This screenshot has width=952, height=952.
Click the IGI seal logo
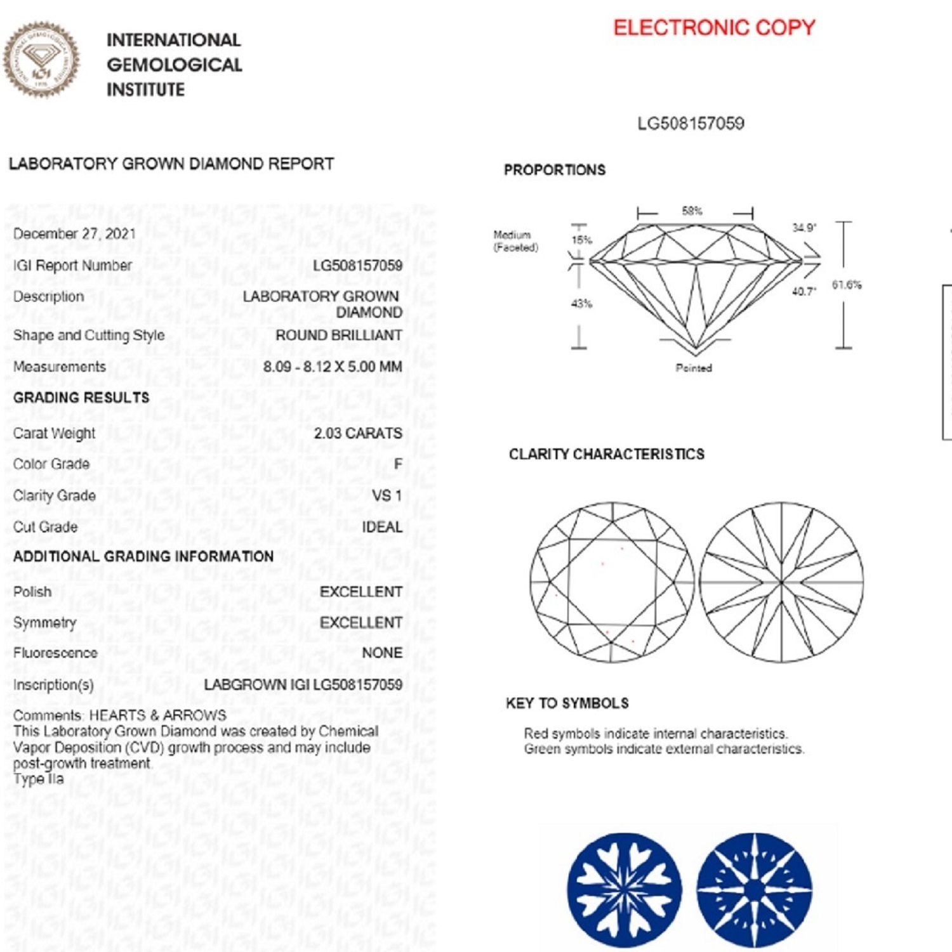point(42,60)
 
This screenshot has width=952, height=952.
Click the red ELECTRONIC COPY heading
point(714,28)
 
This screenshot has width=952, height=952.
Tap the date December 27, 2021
point(75,234)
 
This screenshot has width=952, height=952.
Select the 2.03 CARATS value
point(358,433)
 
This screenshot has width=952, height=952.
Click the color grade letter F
point(398,464)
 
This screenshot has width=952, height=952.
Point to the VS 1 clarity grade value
point(387,495)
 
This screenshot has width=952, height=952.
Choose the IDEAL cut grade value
point(381,527)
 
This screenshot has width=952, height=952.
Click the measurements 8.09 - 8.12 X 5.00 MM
point(333,367)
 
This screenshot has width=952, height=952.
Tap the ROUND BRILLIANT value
point(338,335)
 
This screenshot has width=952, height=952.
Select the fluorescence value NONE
point(382,653)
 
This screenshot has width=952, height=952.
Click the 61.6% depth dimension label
point(847,285)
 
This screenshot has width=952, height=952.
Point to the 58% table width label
point(692,211)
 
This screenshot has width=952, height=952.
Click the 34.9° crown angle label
point(804,228)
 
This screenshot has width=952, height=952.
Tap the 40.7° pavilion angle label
point(803,291)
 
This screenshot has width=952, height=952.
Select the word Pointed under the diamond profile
point(694,368)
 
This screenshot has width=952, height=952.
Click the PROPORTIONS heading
point(555,170)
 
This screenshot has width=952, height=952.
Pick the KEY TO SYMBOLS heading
point(567,703)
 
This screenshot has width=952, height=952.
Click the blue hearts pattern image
point(625,890)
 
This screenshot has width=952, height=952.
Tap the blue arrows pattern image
point(755,890)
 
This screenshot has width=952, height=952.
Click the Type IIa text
point(39,779)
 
